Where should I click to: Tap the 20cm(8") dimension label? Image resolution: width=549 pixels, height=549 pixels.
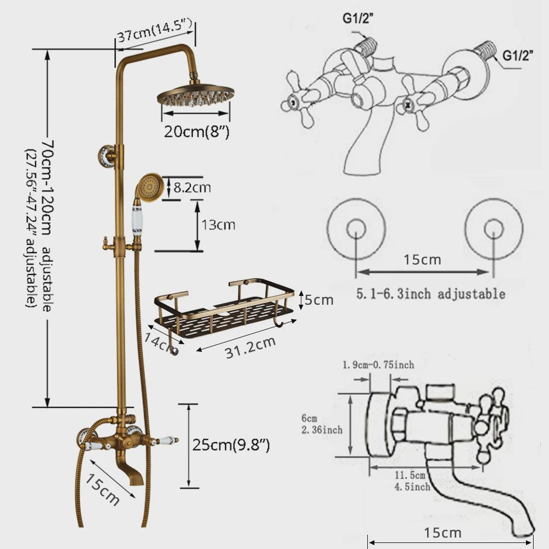pos(197,132)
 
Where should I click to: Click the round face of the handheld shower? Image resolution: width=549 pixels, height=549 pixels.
pos(150,186)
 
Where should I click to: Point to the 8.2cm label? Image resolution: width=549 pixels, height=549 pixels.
pos(192,188)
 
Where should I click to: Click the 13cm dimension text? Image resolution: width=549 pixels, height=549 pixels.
pos(218,225)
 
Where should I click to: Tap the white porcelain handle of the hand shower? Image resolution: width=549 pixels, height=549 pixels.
pos(137,220)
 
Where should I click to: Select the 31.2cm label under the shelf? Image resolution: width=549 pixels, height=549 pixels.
pos(250,348)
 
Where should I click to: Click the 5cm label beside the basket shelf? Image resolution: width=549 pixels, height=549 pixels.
pos(318,300)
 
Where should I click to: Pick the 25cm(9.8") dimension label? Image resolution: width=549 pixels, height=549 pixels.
pos(231,445)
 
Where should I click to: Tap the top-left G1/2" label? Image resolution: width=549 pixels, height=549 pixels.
pos(358,18)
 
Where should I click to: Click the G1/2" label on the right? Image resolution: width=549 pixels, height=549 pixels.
pos(518,55)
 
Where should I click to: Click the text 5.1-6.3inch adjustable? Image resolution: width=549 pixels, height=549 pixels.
pos(430,293)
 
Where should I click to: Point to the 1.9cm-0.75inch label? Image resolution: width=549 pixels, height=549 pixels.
pos(378,365)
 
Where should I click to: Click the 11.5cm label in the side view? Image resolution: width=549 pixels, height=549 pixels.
pos(410,475)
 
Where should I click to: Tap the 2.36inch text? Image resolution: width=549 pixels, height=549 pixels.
pos(322,430)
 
